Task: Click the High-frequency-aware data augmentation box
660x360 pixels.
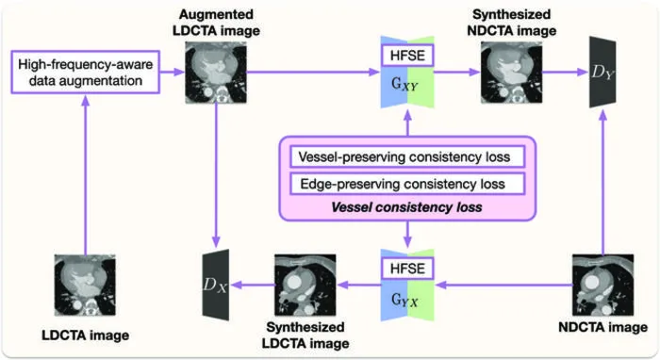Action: [x=86, y=72]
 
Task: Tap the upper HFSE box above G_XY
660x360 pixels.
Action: [x=407, y=56]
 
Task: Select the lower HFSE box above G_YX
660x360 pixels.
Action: [x=407, y=269]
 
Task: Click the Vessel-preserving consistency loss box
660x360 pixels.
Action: [x=407, y=156]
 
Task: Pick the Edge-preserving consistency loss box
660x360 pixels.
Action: [x=407, y=184]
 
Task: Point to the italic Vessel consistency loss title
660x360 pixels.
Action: [x=406, y=207]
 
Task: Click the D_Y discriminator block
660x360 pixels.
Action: [x=602, y=72]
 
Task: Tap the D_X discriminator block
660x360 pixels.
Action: [x=216, y=285]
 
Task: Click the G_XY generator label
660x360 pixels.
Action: [x=404, y=85]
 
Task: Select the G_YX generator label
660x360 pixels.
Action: [x=404, y=300]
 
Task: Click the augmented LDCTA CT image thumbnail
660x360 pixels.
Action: [x=216, y=73]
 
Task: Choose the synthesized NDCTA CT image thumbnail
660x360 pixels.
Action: [x=511, y=73]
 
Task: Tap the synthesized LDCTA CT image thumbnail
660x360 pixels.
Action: [x=305, y=286]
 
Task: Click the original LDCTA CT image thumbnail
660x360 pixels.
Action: [x=86, y=286]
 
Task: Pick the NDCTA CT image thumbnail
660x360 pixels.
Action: [x=602, y=286]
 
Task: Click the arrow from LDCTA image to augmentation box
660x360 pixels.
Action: [x=86, y=174]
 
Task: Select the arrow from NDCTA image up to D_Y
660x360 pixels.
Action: [x=602, y=182]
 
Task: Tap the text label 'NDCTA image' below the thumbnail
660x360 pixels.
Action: [x=602, y=327]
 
